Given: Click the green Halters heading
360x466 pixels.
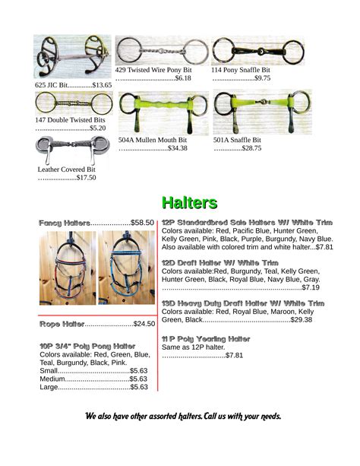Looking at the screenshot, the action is [189, 202].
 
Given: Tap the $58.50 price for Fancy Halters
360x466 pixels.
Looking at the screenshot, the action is [142, 223].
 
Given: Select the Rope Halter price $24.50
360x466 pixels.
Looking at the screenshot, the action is [144, 325].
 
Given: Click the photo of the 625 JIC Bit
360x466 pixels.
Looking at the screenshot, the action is [72, 56].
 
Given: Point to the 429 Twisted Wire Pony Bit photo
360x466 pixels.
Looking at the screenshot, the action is [161, 50].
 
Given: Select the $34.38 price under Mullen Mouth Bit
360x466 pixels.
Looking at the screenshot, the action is [177, 148].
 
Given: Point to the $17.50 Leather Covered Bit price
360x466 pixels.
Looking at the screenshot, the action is [86, 178].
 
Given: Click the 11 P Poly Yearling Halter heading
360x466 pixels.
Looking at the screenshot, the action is [206, 338].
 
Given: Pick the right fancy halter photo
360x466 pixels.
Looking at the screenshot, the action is [125, 268].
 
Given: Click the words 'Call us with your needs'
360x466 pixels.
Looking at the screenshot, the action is [242, 417].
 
